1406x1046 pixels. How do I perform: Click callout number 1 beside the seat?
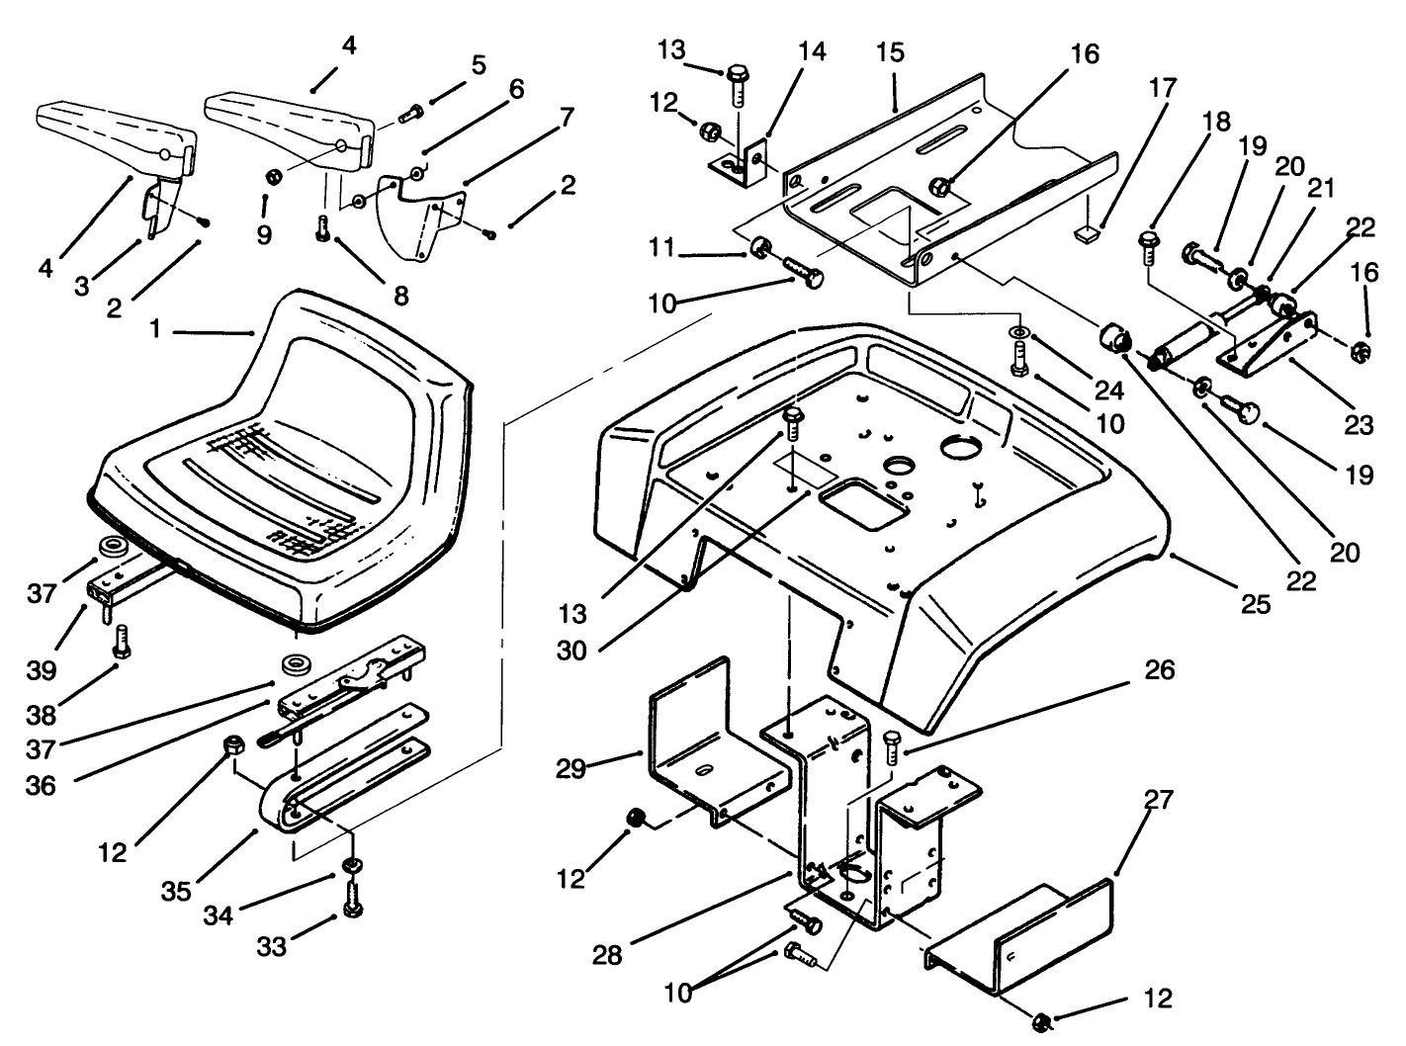click(154, 330)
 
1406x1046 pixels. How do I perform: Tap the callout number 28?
click(608, 955)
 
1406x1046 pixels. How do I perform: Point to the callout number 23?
click(1360, 424)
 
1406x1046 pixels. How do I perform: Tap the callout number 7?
click(566, 117)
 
